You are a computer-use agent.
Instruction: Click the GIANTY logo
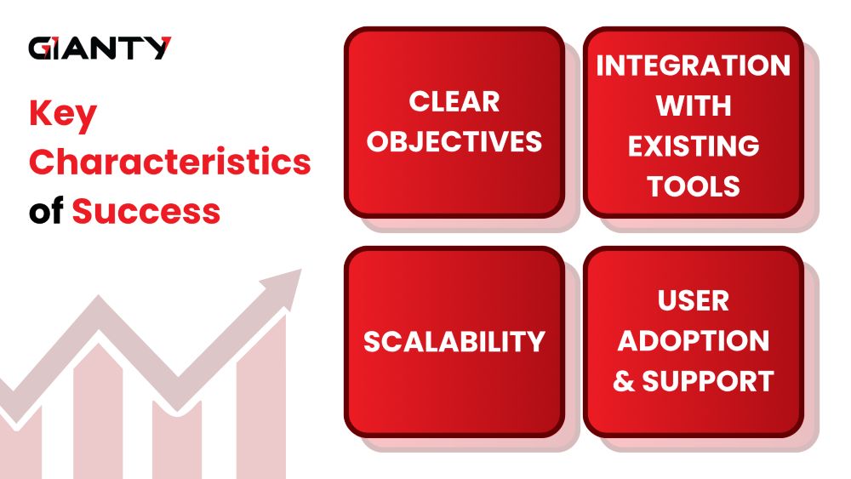[x=100, y=48]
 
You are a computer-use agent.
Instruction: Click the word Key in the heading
[x=63, y=115]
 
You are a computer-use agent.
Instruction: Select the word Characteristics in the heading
[x=170, y=161]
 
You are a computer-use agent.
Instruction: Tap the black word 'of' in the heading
[x=46, y=210]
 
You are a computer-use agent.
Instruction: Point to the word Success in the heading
[x=146, y=211]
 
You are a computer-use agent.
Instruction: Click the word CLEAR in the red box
[x=454, y=101]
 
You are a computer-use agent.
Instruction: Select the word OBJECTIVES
[x=454, y=141]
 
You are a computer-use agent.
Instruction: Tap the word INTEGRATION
[x=693, y=66]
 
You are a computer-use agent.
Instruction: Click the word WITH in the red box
[x=693, y=105]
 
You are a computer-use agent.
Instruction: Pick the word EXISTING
[x=693, y=146]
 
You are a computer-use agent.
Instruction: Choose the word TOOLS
[x=693, y=186]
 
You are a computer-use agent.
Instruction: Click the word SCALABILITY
[x=454, y=342]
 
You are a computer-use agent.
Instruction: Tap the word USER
[x=693, y=300]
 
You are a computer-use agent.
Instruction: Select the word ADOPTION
[x=693, y=340]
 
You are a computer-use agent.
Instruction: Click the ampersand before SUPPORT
[x=624, y=381]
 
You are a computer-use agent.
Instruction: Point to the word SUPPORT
[x=708, y=381]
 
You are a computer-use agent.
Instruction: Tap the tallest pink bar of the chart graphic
[x=261, y=399]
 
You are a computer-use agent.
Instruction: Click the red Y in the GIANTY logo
[x=158, y=48]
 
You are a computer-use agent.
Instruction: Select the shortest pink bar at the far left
[x=20, y=445]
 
